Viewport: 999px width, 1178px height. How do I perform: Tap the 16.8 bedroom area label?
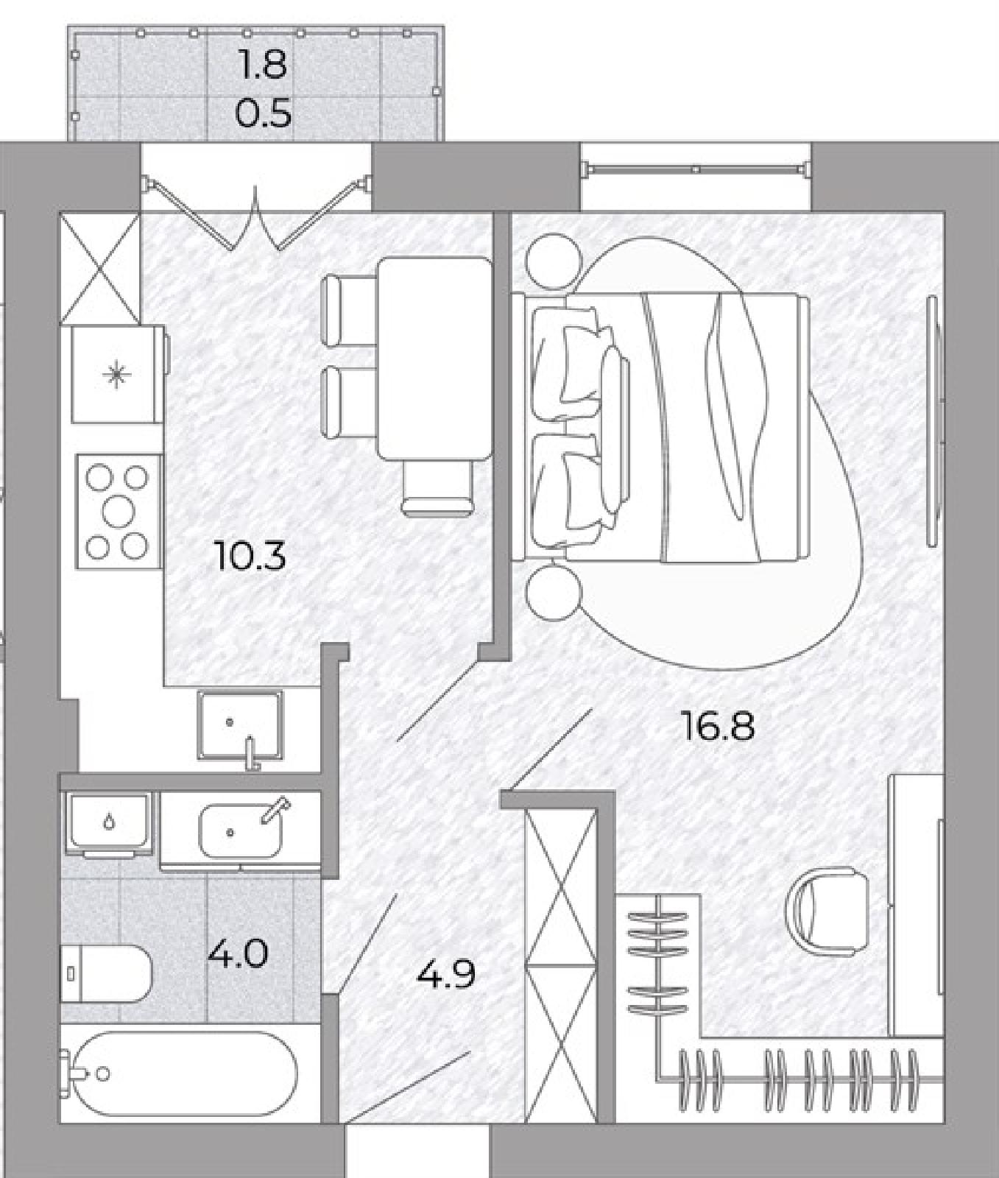click(718, 727)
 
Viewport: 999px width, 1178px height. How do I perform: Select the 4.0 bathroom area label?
click(238, 955)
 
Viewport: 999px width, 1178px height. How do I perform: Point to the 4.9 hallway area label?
click(445, 975)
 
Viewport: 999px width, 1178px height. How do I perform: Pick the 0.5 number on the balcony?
click(263, 114)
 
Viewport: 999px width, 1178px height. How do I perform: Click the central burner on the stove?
click(117, 510)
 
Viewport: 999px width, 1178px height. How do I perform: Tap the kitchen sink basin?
click(239, 725)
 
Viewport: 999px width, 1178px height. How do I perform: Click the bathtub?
click(179, 1074)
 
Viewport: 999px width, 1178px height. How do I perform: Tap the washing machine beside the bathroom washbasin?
click(110, 824)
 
